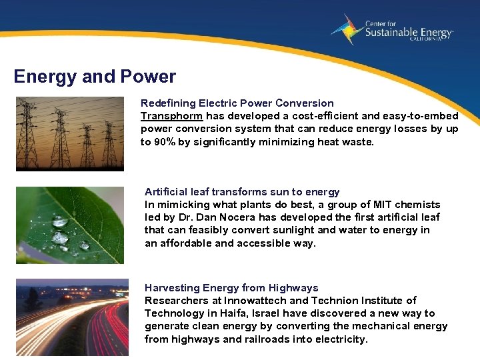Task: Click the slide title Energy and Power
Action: click(x=95, y=77)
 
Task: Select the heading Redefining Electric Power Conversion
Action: click(x=237, y=103)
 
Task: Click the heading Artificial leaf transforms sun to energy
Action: click(x=242, y=192)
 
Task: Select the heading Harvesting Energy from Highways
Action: click(x=231, y=288)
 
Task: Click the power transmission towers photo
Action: click(x=70, y=134)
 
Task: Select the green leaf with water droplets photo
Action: click(x=70, y=225)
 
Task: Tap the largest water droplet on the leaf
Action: click(x=60, y=237)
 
